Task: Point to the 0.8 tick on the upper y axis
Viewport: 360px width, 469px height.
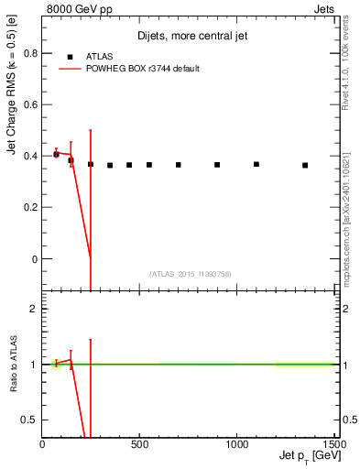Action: coord(31,53)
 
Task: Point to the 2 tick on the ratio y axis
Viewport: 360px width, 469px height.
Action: coord(35,310)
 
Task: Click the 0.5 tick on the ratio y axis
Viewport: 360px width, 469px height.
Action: coord(31,420)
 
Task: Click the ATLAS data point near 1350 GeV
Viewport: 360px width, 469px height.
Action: coord(305,166)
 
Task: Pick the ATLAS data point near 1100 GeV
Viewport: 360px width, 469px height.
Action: coord(256,165)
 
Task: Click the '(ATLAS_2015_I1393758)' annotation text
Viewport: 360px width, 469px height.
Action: coord(189,274)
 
